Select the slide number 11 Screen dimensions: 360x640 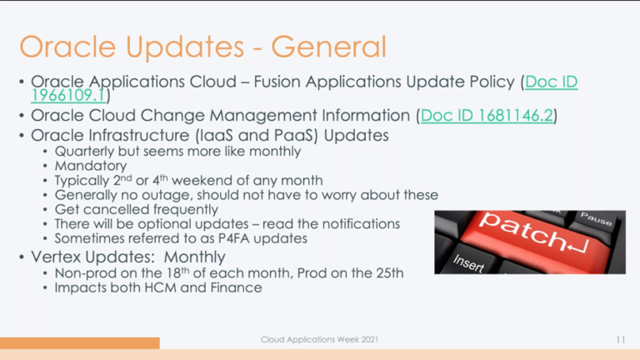click(621, 340)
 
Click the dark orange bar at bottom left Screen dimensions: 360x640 click(79, 342)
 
